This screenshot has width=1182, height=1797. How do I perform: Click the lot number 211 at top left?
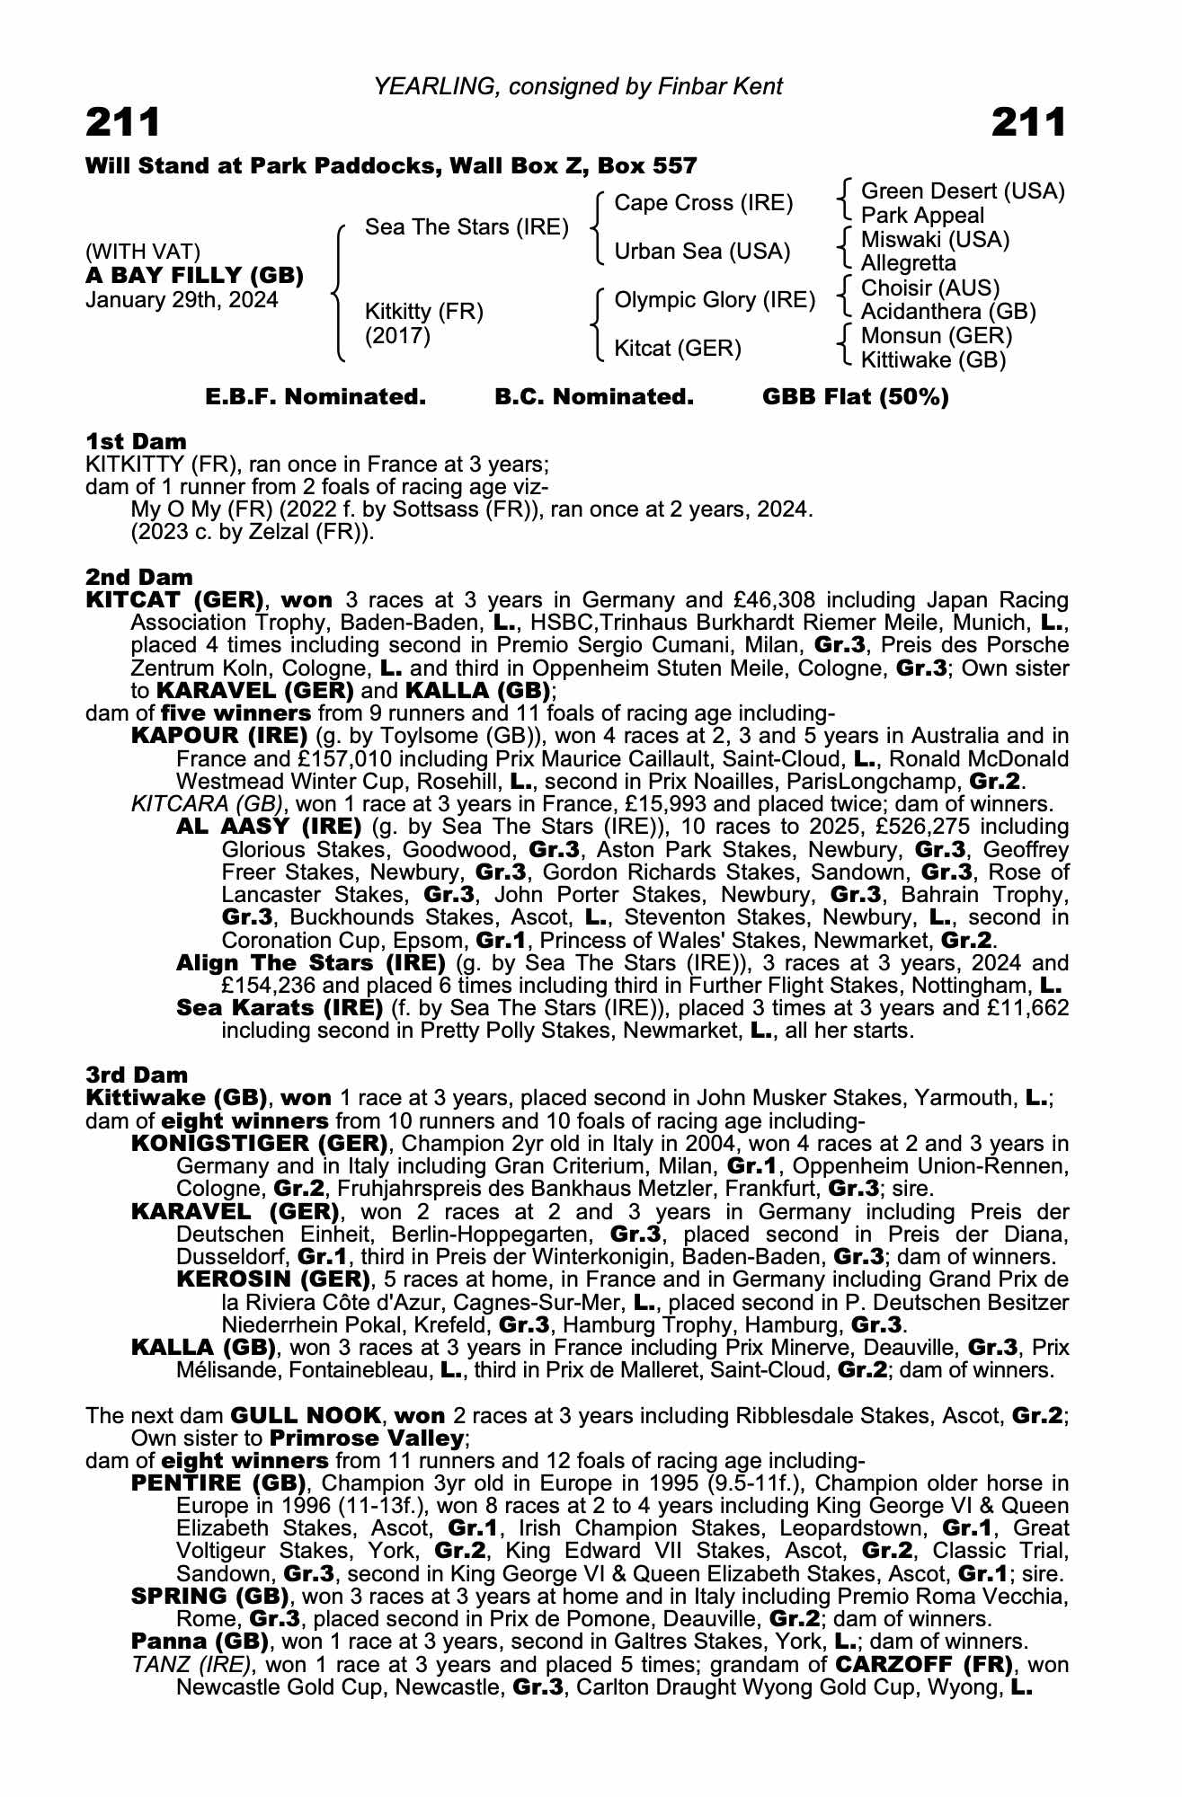pyautogui.click(x=123, y=123)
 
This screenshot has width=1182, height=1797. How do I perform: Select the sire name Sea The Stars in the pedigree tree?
pyautogui.click(x=467, y=227)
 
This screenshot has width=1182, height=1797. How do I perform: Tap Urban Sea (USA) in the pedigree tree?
pyautogui.click(x=702, y=252)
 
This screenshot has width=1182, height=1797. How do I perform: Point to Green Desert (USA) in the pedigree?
pyautogui.click(x=963, y=191)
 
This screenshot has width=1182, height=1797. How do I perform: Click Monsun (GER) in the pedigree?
pyautogui.click(x=936, y=336)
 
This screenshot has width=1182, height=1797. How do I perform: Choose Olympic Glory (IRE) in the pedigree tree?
pyautogui.click(x=715, y=300)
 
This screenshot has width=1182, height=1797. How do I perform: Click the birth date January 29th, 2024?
pyautogui.click(x=182, y=300)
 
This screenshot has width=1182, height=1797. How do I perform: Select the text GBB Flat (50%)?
pyautogui.click(x=855, y=397)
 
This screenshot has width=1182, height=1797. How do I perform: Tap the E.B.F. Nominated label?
pyautogui.click(x=315, y=397)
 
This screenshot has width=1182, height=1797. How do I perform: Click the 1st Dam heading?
pyautogui.click(x=136, y=441)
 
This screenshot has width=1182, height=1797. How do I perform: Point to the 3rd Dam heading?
pyautogui.click(x=137, y=1075)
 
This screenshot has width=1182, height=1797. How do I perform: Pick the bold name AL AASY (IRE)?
pyautogui.click(x=269, y=827)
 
